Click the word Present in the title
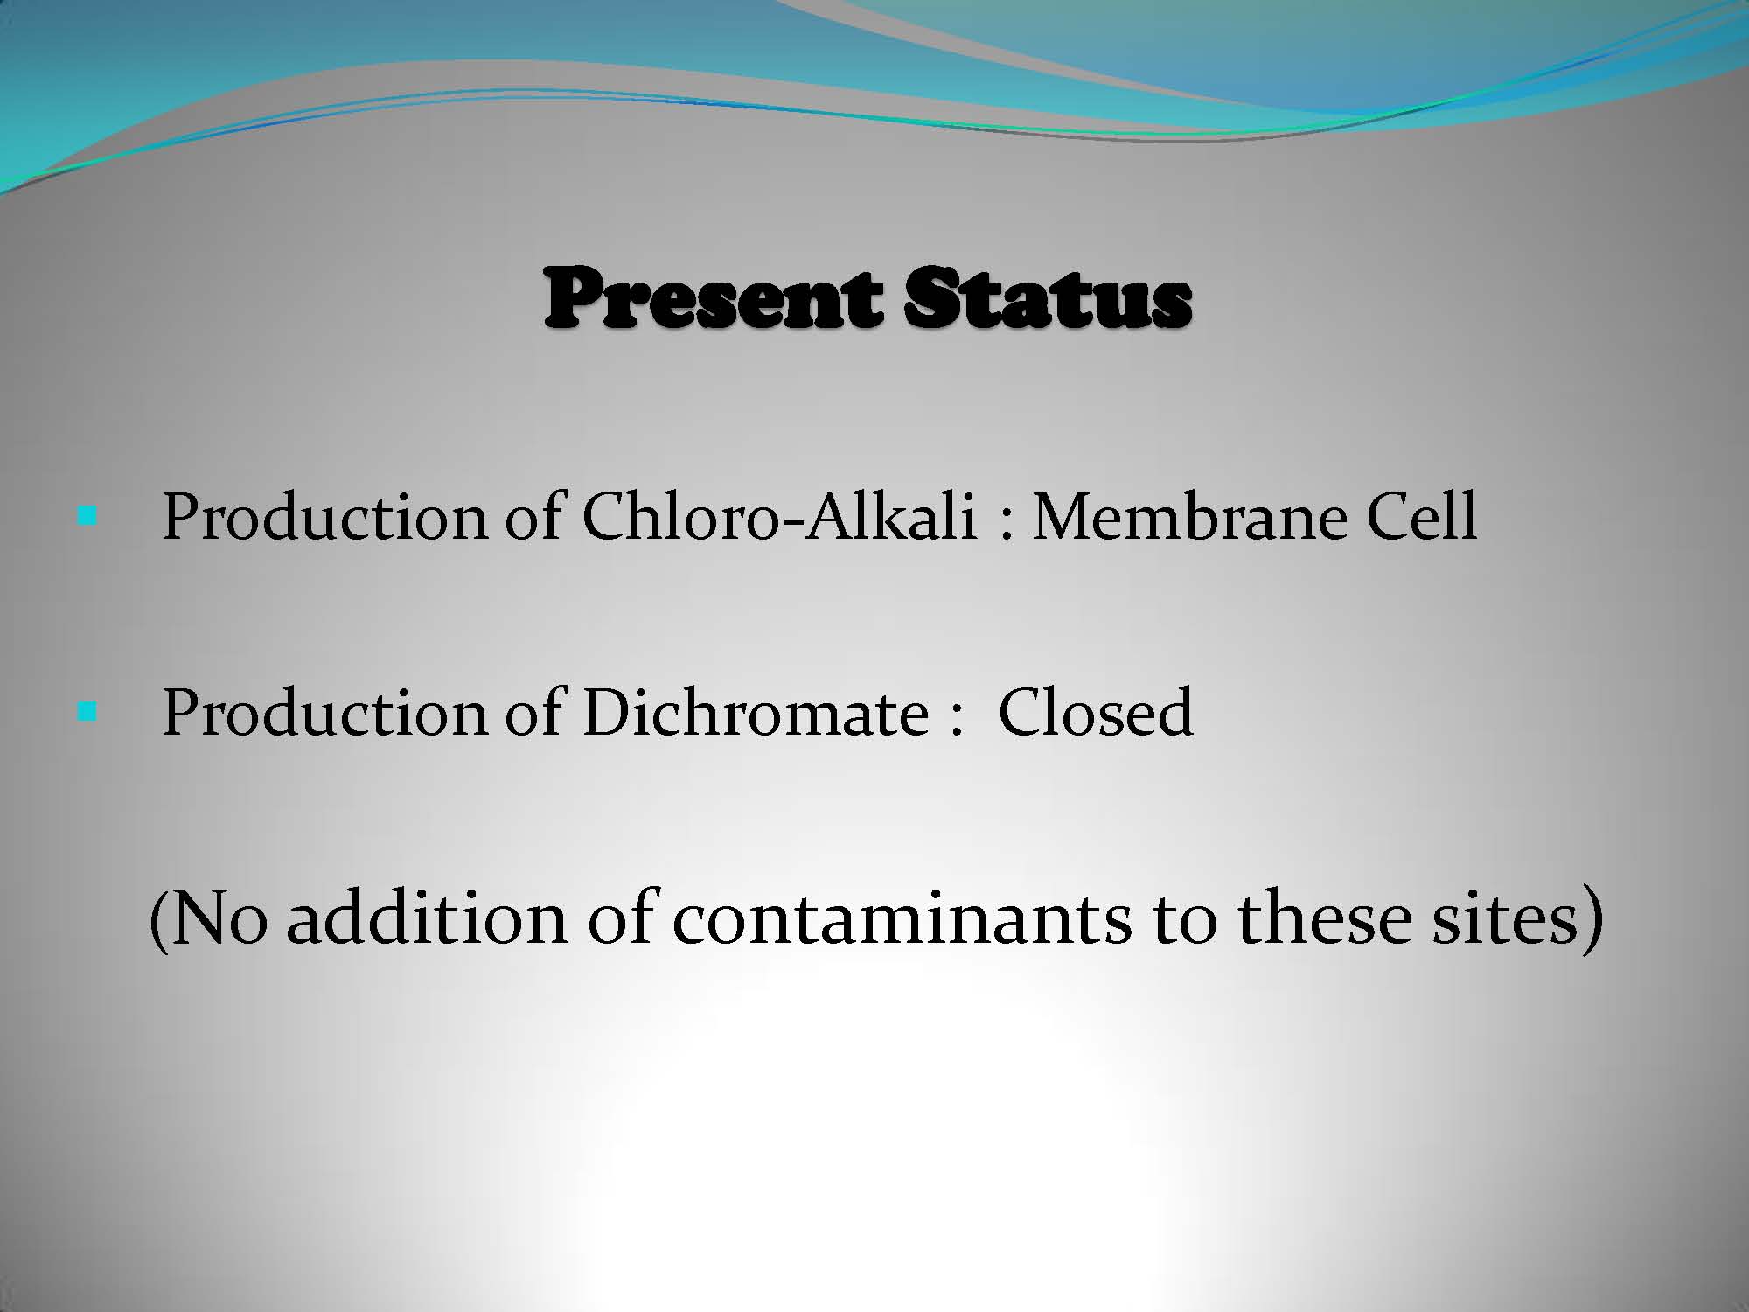pyautogui.click(x=710, y=299)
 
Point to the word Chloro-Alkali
pyautogui.click(x=779, y=516)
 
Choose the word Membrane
pyautogui.click(x=1189, y=516)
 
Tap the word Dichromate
pyautogui.click(x=756, y=711)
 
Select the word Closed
pyautogui.click(x=1096, y=711)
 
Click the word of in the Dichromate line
pyautogui.click(x=533, y=711)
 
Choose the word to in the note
pyautogui.click(x=1185, y=922)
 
